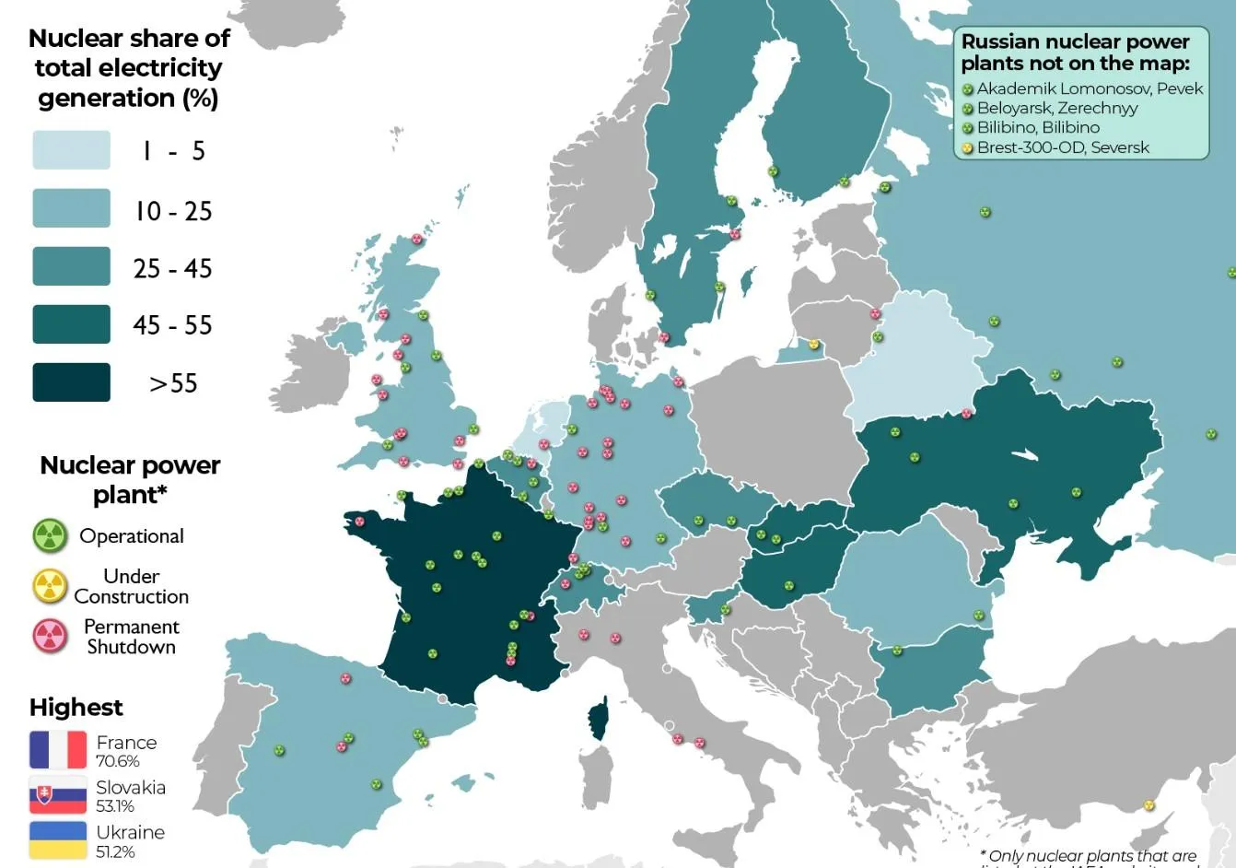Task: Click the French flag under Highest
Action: click(58, 750)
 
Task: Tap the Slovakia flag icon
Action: click(58, 795)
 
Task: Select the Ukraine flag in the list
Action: click(58, 840)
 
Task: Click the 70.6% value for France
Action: click(118, 761)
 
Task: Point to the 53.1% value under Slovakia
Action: click(115, 806)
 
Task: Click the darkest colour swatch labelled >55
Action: click(71, 382)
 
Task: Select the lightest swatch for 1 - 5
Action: click(71, 150)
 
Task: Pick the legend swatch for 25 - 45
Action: click(71, 266)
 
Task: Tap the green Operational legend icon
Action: click(50, 535)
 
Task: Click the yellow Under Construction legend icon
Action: click(50, 585)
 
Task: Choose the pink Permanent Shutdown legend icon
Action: click(50, 636)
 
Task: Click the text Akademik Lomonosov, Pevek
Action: click(1090, 88)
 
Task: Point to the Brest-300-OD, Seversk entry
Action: click(1063, 147)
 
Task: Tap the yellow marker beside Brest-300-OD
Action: click(968, 148)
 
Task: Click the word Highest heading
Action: click(76, 707)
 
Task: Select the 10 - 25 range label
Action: click(173, 211)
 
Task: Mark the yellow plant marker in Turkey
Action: click(1149, 805)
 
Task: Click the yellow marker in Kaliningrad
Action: click(813, 345)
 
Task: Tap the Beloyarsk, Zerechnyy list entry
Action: click(1057, 108)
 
